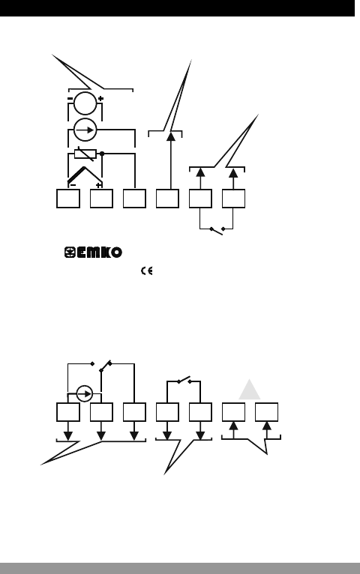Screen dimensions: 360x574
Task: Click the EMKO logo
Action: [x=93, y=253]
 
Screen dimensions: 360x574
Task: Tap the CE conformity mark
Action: [x=146, y=271]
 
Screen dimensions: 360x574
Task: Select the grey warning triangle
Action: [x=250, y=389]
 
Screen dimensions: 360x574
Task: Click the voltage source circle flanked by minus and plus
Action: [x=85, y=103]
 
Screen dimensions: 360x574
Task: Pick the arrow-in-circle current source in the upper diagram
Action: [x=85, y=130]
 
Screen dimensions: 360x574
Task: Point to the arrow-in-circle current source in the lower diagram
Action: [x=85, y=393]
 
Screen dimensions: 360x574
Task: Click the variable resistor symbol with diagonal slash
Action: [x=85, y=154]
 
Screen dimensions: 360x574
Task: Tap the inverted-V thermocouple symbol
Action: [x=85, y=175]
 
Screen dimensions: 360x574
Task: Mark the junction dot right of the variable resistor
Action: [x=102, y=154]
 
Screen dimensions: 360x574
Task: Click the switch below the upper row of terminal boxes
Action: [x=217, y=230]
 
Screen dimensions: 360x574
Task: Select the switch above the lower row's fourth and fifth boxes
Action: [x=184, y=381]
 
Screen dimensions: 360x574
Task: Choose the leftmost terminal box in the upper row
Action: [x=68, y=199]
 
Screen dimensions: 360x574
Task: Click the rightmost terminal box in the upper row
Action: [x=234, y=199]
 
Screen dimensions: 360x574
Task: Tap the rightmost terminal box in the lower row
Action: [x=266, y=412]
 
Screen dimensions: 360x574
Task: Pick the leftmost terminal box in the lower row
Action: [x=68, y=412]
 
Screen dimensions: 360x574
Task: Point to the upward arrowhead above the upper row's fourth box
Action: [x=171, y=136]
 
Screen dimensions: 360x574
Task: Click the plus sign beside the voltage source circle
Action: [x=100, y=98]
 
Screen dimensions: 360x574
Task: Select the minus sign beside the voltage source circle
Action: [x=70, y=98]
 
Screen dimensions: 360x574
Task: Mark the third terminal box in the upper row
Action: [x=134, y=199]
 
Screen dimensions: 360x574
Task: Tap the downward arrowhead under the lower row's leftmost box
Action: [x=68, y=435]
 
